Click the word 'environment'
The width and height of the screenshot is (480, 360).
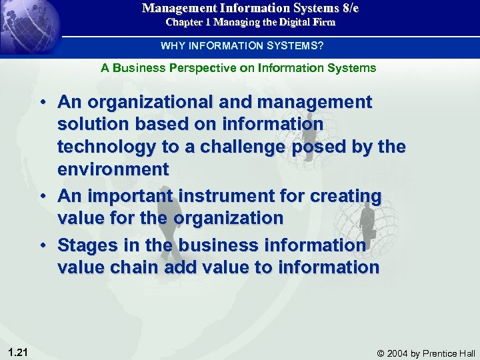(x=113, y=169)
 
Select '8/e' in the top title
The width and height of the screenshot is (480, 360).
(x=349, y=8)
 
